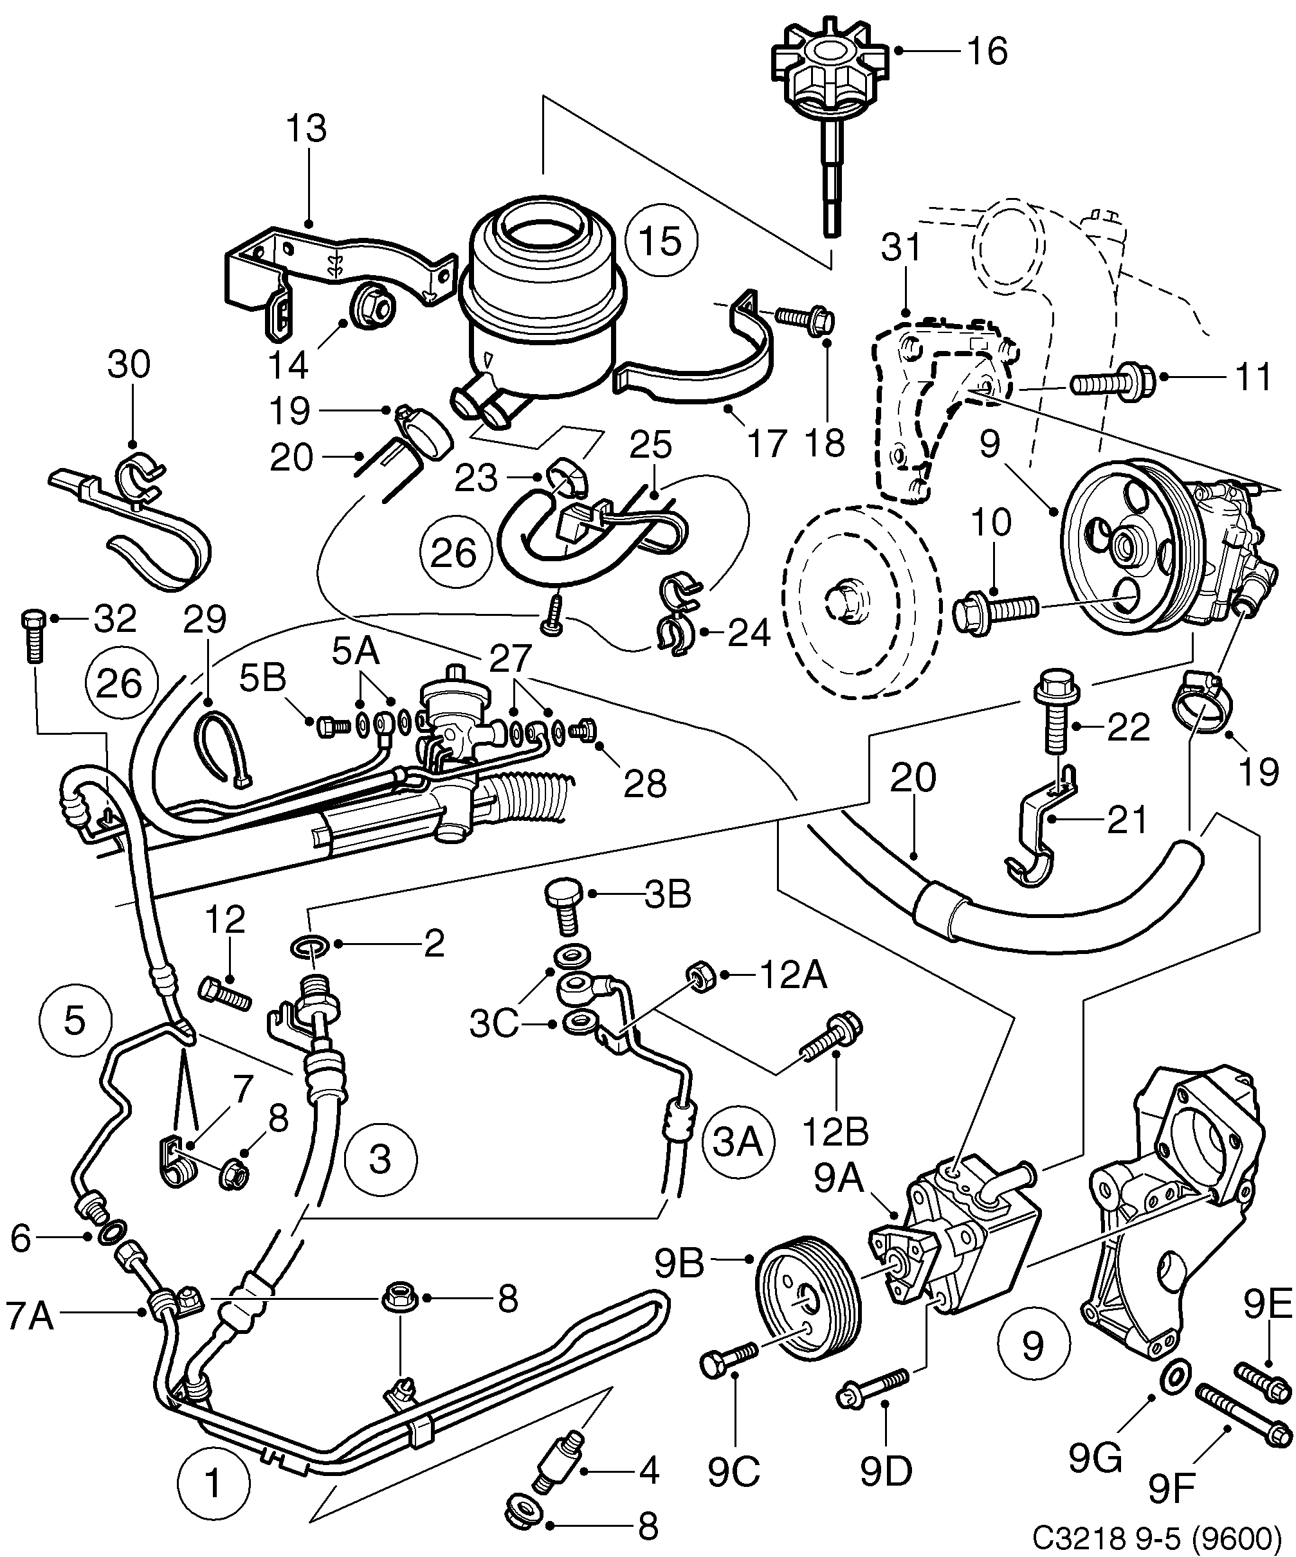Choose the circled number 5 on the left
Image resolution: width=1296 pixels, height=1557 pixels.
pos(75,1021)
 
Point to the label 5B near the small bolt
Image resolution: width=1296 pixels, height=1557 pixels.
pos(262,678)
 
